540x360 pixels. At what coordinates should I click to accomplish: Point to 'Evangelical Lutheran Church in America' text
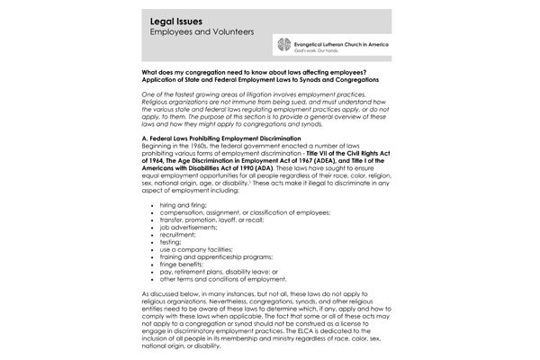tap(352, 41)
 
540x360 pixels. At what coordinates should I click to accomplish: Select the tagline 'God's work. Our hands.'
tap(325, 51)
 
